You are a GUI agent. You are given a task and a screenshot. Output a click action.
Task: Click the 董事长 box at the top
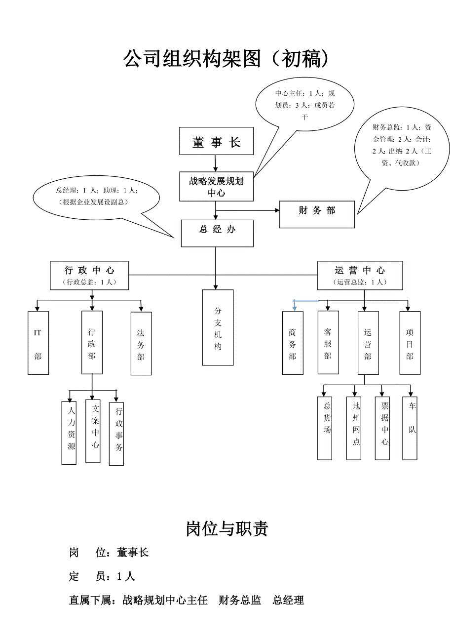coord(216,142)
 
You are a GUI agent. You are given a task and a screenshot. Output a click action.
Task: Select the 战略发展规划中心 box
coord(216,187)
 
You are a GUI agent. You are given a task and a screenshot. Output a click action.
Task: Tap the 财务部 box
coord(317,214)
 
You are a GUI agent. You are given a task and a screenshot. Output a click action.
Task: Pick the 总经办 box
coord(217,233)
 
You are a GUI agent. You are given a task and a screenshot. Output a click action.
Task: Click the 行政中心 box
coord(90,276)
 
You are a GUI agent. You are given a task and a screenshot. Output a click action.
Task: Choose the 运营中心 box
coord(360,276)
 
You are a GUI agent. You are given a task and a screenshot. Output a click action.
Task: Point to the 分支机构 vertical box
coord(218,327)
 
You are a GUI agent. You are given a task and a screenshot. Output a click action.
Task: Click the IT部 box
coord(38,343)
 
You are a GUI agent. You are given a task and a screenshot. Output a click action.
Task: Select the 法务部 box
coord(141,343)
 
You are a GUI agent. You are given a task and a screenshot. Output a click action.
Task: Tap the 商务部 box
coord(293,343)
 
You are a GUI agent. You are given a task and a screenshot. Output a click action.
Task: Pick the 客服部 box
coord(328,342)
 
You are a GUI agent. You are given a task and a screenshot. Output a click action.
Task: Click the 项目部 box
coord(410,343)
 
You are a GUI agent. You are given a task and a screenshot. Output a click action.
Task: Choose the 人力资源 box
coord(69,433)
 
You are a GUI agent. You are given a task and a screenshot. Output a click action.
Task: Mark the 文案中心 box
coord(93,431)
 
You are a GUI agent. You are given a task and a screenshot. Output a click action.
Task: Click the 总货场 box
coord(325,428)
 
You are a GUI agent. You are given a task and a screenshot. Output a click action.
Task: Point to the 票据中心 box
coord(382,428)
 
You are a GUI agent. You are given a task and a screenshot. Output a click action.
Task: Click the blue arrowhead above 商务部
coord(294,308)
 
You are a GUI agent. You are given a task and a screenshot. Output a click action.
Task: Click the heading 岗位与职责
coord(227,528)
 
